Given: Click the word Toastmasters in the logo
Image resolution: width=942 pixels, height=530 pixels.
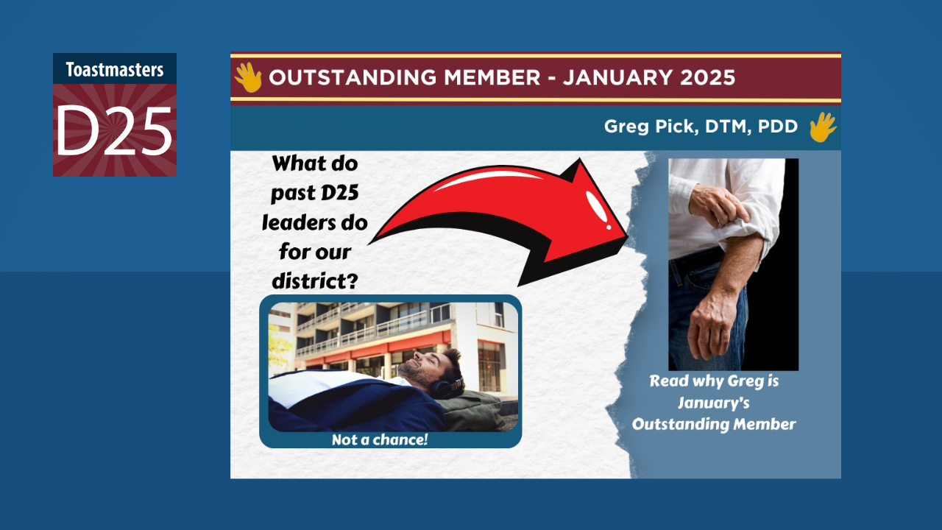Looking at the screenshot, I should [x=114, y=70].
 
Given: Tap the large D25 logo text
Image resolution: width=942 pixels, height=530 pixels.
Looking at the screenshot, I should [x=114, y=130].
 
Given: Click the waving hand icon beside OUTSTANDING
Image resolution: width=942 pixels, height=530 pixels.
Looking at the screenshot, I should [x=248, y=77].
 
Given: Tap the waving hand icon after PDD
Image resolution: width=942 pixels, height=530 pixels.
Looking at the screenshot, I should [x=822, y=127].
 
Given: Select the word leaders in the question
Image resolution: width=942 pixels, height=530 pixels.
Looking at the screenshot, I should [x=314, y=222].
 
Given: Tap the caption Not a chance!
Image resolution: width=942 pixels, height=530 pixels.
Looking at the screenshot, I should [x=380, y=440].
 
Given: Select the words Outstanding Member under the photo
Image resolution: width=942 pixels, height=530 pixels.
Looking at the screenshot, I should [x=714, y=424].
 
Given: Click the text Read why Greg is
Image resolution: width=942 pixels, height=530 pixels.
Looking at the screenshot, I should [x=714, y=382].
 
